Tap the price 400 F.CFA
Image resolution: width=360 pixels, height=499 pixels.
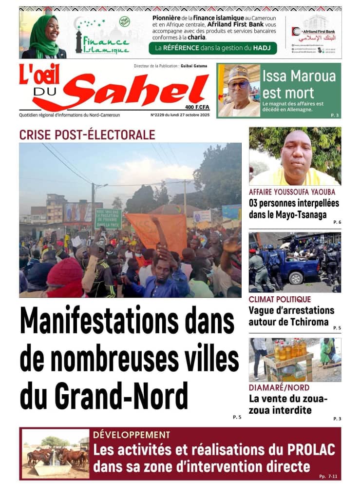[197, 107]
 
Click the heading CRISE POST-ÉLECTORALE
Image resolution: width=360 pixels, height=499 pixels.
[87, 135]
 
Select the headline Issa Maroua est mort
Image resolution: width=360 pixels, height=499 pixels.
[299, 84]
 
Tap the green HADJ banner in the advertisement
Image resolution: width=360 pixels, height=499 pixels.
[213, 48]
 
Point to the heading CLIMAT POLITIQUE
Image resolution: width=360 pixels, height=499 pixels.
[280, 299]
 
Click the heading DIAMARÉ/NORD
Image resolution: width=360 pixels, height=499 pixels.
[279, 388]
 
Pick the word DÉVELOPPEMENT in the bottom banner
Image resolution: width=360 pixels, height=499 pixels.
[132, 435]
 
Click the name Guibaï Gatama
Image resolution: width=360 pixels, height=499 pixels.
[193, 66]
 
